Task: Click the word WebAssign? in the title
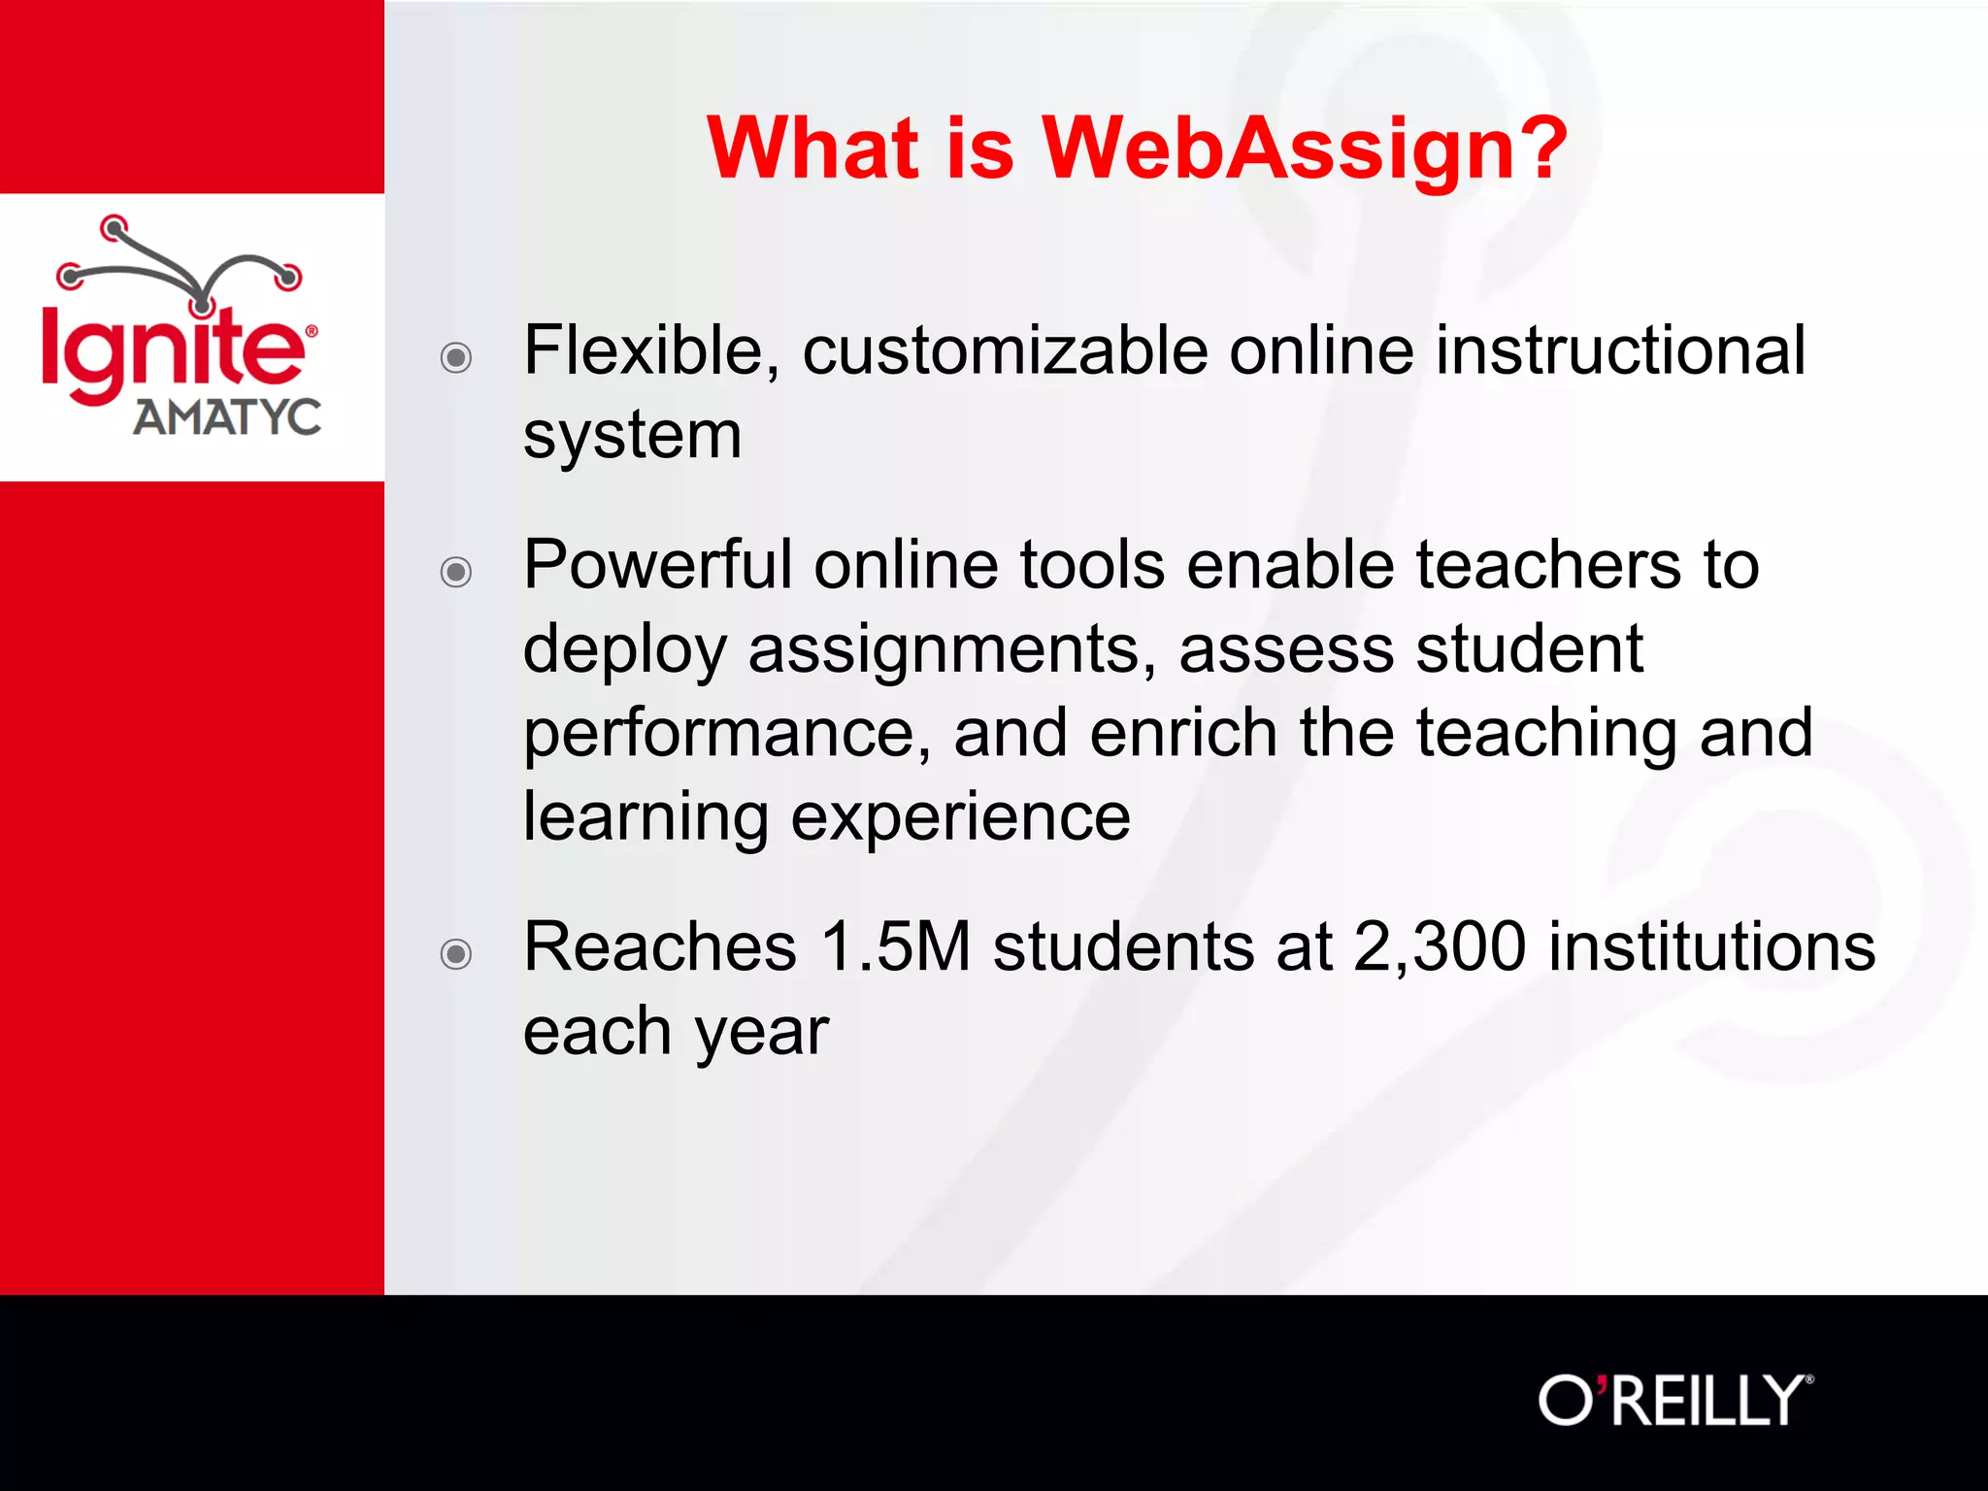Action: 1304,149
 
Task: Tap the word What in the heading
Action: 812,149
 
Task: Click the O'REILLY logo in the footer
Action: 1674,1401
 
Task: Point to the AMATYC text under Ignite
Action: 226,417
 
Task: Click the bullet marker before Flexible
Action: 456,358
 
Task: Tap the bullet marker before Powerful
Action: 456,572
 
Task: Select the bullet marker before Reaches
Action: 456,954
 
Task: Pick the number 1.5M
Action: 895,946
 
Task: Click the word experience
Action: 960,817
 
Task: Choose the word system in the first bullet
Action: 632,435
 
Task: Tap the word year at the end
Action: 761,1032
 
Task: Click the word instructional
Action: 1620,350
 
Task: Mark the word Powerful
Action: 657,565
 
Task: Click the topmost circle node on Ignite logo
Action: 115,228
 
